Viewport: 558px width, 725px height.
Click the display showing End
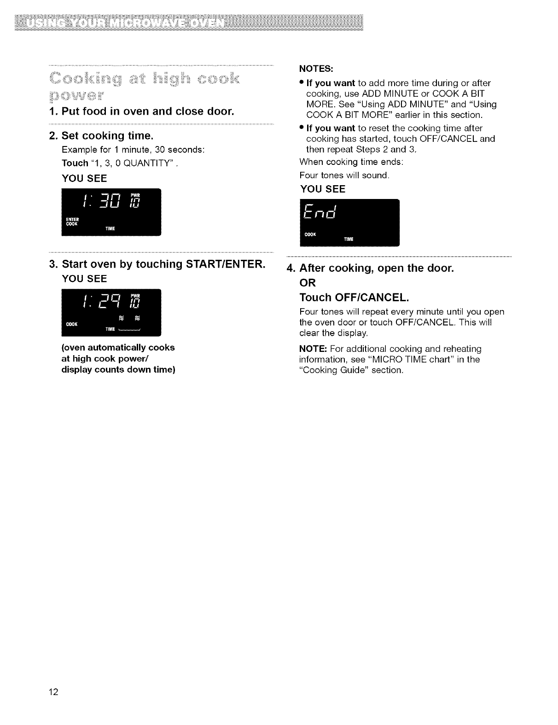(349, 223)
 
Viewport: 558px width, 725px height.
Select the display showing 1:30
(111, 212)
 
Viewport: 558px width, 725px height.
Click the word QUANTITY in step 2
(149, 163)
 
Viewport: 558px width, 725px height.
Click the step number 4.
(290, 268)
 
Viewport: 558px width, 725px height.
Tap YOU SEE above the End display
(322, 189)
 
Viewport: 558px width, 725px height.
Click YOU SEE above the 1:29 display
(84, 279)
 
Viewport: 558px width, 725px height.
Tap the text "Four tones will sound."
(344, 175)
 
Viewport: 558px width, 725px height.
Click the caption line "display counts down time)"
(118, 369)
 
